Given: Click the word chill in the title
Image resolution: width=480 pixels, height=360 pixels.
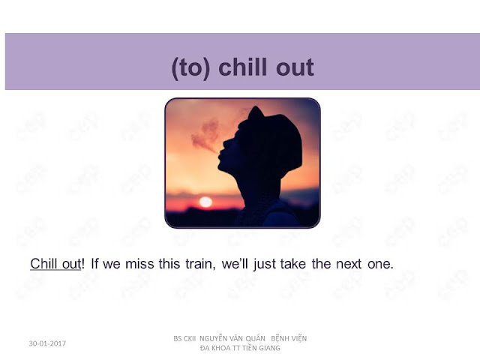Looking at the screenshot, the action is tap(242, 67).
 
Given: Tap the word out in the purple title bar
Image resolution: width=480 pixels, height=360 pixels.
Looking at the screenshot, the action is tap(295, 68).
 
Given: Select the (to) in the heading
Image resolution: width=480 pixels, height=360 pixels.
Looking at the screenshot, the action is tap(191, 68).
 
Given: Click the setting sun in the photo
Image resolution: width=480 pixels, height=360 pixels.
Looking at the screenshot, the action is tap(205, 202).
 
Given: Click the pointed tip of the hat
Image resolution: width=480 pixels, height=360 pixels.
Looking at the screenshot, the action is tap(255, 107).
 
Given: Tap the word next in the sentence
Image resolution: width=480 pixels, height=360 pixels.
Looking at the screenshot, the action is tap(349, 264).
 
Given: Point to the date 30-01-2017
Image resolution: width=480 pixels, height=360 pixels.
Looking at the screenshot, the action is tap(47, 343).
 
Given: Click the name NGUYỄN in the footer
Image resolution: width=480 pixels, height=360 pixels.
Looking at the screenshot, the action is tap(215, 338).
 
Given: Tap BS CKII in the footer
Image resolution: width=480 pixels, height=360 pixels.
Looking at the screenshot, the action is tap(184, 338).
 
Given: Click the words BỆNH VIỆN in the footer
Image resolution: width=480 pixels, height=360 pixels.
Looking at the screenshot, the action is tap(289, 338).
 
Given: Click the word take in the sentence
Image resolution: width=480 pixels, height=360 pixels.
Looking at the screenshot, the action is tap(293, 264).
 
